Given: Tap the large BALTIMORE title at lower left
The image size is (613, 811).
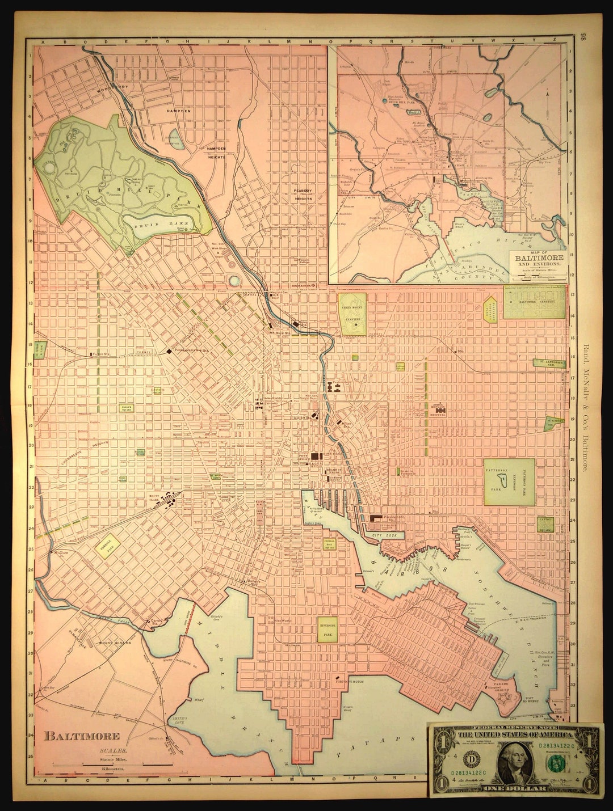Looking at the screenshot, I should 82,736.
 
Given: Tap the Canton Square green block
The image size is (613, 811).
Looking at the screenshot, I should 546,524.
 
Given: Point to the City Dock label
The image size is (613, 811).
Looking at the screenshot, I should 383,535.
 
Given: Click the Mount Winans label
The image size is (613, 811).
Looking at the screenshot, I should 115,643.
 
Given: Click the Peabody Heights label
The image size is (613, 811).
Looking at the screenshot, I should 303,195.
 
